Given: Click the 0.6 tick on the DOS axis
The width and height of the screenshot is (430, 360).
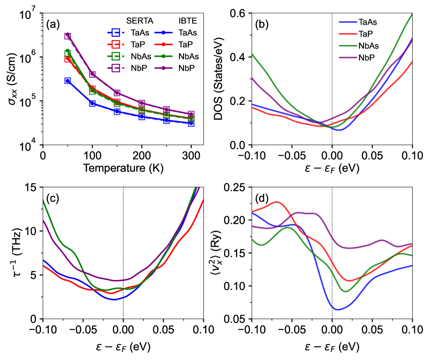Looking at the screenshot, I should tap(240, 13).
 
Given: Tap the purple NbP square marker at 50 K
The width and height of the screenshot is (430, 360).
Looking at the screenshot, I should tap(68, 36).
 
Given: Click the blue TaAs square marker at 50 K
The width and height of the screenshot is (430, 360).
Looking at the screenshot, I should tap(68, 81).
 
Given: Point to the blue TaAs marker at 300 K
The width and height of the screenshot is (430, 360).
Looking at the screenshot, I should tap(191, 123).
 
